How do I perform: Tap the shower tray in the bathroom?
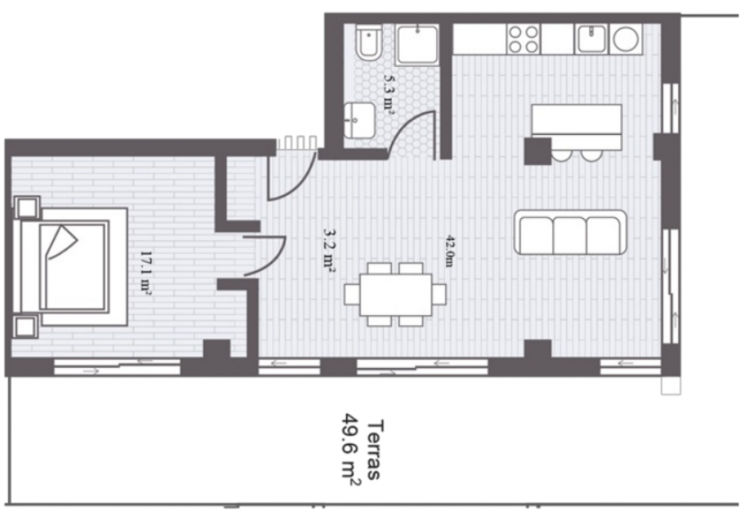point(417,45)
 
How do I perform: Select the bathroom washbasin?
point(359,120)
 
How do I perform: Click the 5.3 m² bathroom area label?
point(389,95)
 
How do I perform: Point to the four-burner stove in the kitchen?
point(523,39)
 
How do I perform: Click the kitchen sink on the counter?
point(591,39)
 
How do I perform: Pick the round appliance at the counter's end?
point(626,38)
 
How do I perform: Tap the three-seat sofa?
point(570,232)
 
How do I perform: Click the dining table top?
point(396,295)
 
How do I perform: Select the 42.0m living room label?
point(449,251)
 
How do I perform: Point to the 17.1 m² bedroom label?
point(145,273)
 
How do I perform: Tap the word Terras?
point(375,450)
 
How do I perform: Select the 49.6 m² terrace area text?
point(350,450)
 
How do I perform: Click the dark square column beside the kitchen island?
point(538,151)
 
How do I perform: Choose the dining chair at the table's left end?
point(352,295)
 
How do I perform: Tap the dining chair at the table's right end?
point(439,295)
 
